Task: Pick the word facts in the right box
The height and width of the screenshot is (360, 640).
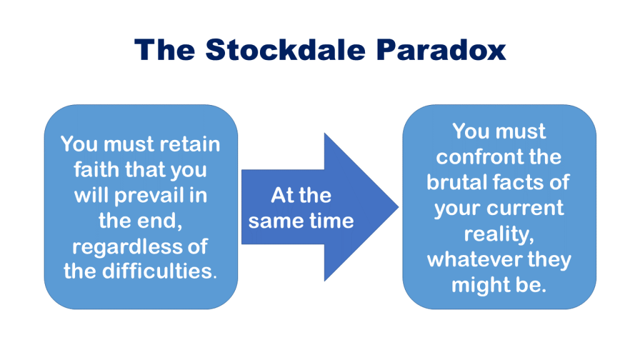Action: [525, 182]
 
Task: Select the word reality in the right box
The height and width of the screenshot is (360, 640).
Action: [497, 234]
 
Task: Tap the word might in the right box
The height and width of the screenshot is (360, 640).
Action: [481, 285]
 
